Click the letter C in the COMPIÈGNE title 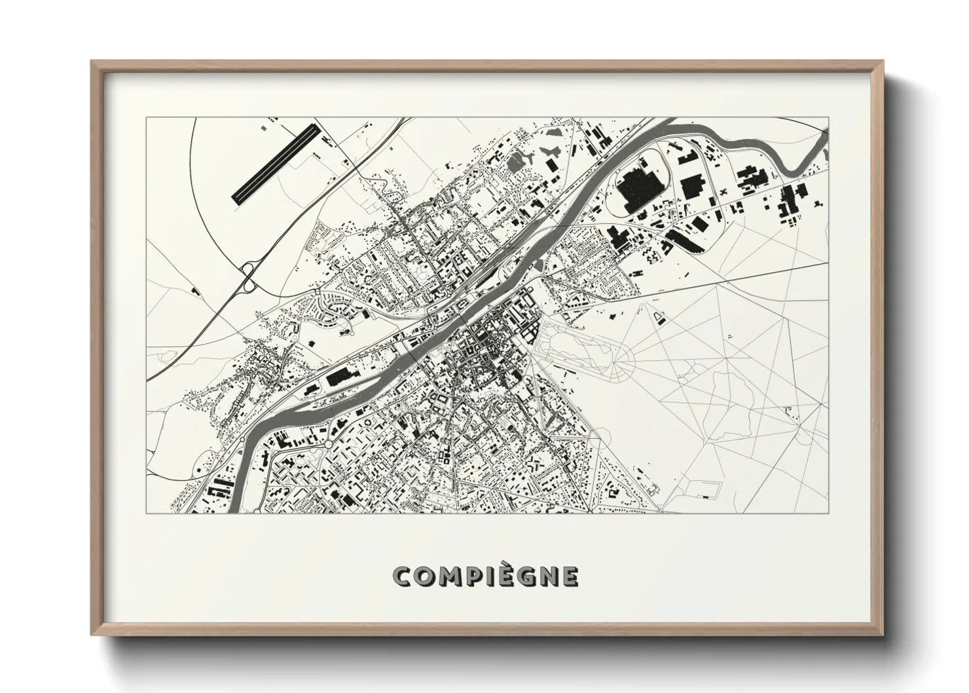pyautogui.click(x=402, y=576)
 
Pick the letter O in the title pyautogui.click(x=424, y=576)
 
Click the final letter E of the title pyautogui.click(x=570, y=576)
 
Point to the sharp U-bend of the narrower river pyautogui.click(x=795, y=172)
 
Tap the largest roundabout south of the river pyautogui.click(x=327, y=445)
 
